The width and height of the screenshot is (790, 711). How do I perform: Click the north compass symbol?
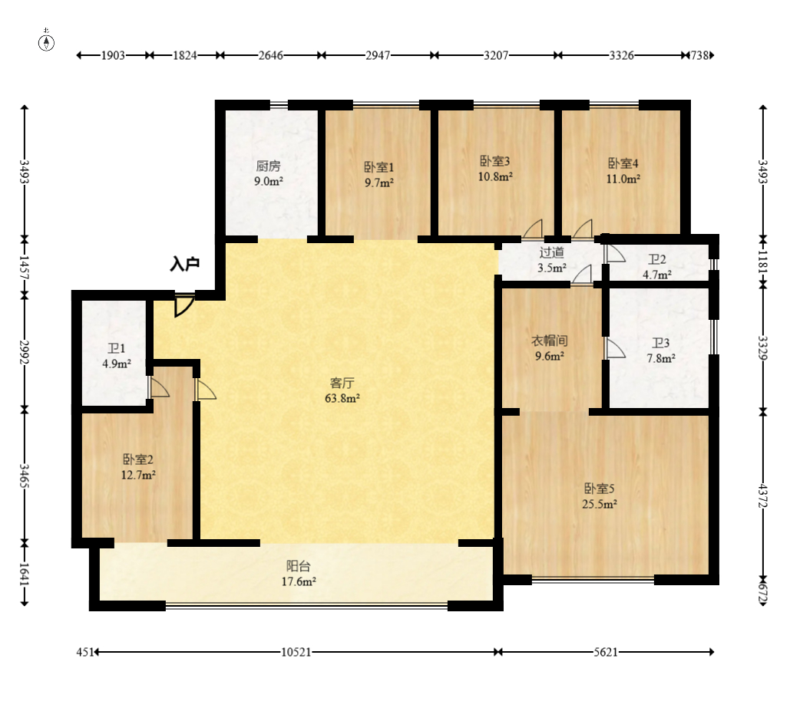[47, 42]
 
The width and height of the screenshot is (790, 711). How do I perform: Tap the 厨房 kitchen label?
[269, 166]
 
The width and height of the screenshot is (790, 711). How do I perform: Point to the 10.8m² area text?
[496, 176]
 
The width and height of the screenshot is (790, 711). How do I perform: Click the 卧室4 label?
[623, 163]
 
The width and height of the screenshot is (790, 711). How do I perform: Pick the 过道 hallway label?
[551, 252]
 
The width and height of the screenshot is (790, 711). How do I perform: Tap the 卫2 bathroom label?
[657, 259]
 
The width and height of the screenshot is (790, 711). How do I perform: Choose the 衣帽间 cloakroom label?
[550, 341]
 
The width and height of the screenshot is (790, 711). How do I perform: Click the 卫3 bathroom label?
[660, 343]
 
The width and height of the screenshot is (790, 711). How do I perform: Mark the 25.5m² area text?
[600, 504]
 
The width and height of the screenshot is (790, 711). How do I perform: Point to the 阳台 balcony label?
[299, 566]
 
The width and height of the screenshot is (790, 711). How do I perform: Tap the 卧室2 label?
[138, 459]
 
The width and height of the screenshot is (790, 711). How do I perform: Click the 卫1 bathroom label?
[117, 348]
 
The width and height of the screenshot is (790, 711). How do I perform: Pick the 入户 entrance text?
[184, 265]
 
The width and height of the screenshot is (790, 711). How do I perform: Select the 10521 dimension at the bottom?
[296, 652]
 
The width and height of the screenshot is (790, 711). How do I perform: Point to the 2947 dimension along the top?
[378, 55]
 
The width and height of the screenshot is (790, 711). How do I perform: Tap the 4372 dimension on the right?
[762, 495]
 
